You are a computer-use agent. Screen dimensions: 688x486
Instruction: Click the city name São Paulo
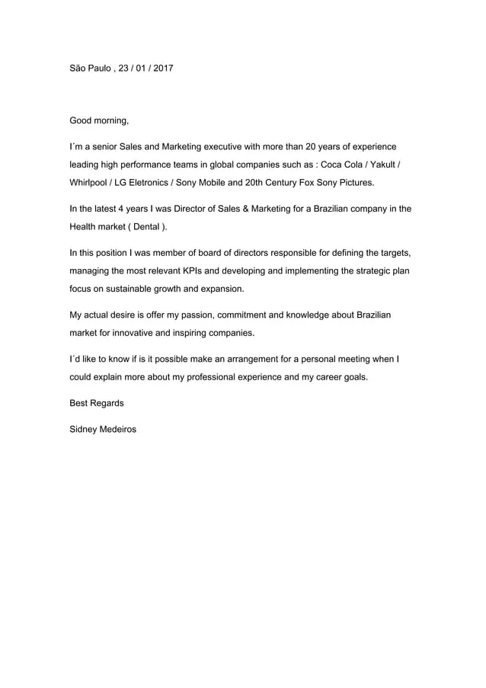pos(90,69)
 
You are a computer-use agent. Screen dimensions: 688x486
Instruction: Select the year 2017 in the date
pos(162,69)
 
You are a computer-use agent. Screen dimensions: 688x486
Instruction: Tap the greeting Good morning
pos(99,120)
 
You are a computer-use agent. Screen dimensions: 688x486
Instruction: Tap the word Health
pos(85,228)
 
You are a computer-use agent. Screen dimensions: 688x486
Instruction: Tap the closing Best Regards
pos(97,403)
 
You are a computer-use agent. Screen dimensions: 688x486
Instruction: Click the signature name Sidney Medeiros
pos(103,430)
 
